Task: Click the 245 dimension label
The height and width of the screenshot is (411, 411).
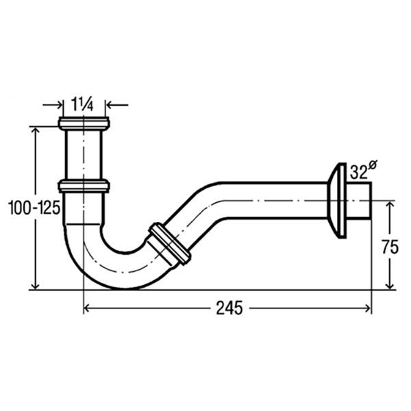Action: (229, 308)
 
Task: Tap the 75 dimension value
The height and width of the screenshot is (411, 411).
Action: (390, 247)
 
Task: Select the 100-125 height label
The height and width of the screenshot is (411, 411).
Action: (34, 208)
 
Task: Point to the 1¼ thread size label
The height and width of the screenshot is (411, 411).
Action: (82, 105)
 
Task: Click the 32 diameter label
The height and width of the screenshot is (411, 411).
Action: (358, 173)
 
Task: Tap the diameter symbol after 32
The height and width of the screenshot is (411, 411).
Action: (373, 165)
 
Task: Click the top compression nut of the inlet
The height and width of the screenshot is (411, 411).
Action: (84, 123)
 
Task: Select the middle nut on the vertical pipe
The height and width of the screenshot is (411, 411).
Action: (84, 186)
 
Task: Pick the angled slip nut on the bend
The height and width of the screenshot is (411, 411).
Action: (170, 242)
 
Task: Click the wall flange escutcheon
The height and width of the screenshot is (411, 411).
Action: (338, 201)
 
